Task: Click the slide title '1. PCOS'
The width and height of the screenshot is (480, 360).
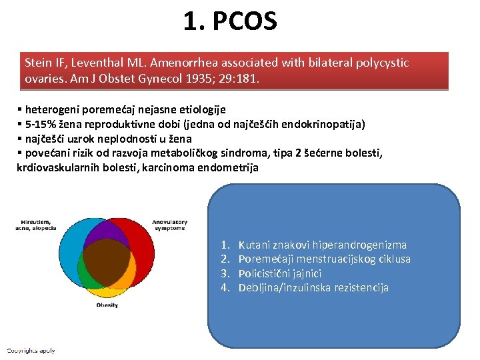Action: (x=230, y=22)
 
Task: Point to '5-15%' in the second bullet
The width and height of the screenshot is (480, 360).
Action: (x=40, y=124)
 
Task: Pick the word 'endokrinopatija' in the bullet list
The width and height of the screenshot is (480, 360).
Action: (x=327, y=124)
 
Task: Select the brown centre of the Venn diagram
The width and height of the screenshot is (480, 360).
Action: (x=107, y=263)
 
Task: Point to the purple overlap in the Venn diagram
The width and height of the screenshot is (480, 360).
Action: (x=107, y=230)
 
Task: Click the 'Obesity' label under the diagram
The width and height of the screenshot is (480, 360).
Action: (x=107, y=305)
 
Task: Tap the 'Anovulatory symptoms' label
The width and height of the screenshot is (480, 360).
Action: (x=169, y=225)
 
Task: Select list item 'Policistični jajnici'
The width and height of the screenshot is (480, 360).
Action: (x=280, y=273)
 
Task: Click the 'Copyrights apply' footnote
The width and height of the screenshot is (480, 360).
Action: (x=31, y=350)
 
